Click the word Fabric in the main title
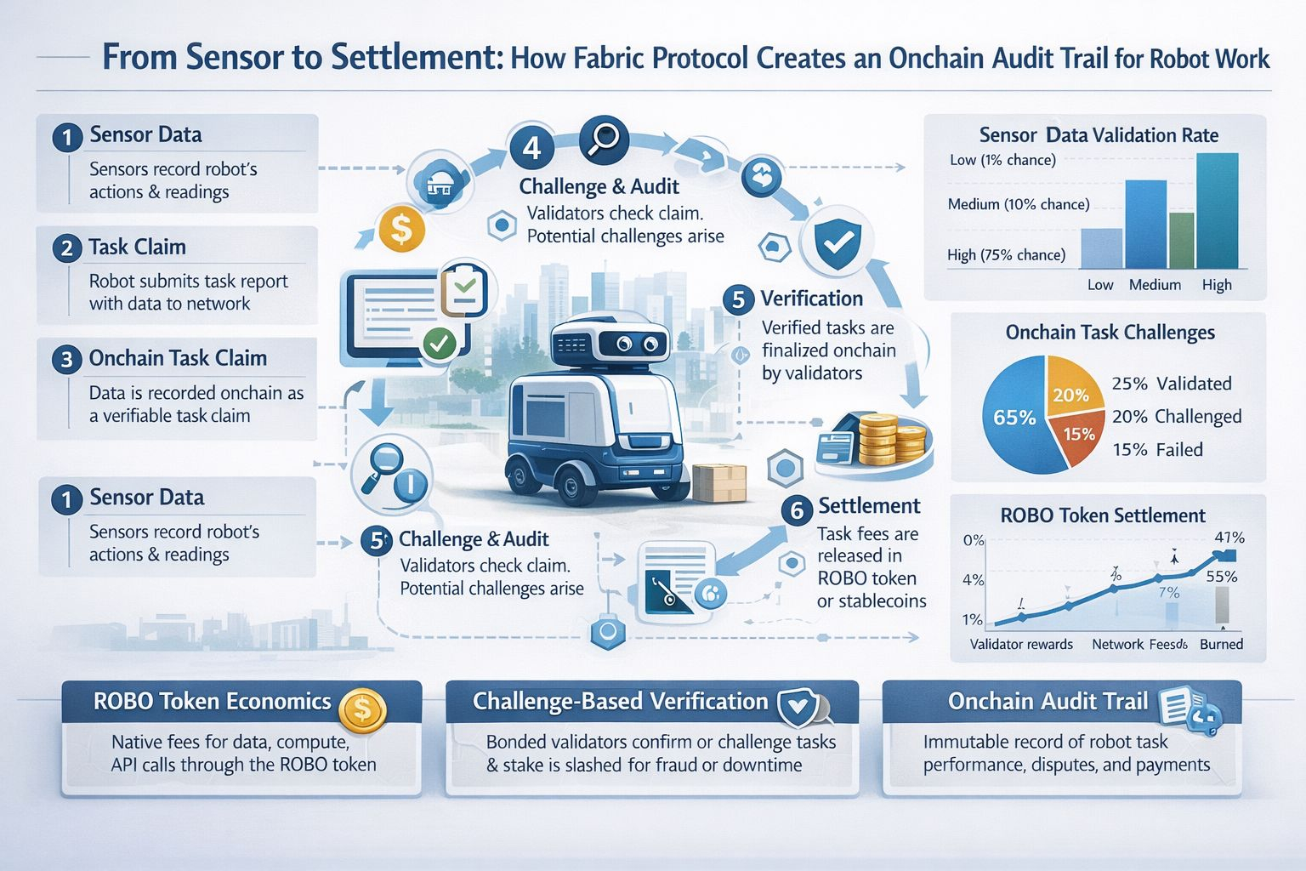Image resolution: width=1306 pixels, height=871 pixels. pos(609,59)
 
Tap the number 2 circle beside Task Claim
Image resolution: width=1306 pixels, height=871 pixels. pos(66,248)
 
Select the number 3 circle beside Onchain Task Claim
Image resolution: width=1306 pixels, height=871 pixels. pos(66,360)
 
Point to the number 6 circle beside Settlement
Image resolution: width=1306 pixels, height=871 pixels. pos(797,510)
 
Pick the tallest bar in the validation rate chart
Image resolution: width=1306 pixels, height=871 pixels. pos(1217,210)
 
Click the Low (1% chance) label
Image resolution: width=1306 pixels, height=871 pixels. pos(1002,160)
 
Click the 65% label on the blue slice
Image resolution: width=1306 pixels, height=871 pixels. pos(1014,418)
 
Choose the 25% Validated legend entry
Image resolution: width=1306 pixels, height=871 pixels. pos(1171,384)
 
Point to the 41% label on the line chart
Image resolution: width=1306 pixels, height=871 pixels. pos(1229,538)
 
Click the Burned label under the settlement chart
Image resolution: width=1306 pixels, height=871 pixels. pos(1221,644)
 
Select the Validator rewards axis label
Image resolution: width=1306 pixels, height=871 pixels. pos(1021,644)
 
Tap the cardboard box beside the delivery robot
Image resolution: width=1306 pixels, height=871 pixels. pos(718,482)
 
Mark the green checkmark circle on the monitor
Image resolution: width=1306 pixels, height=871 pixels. pos(439,343)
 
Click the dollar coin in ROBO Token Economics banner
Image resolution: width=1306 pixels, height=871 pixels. pos(362,708)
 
